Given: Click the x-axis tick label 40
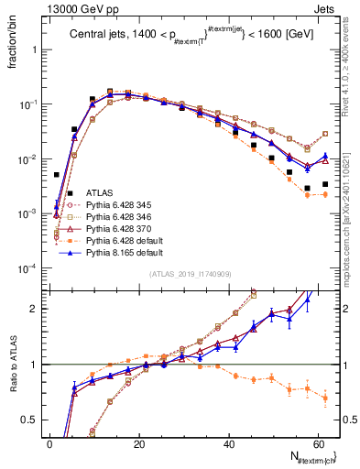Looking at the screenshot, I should [x=227, y=444].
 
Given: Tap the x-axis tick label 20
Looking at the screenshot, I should [x=138, y=444].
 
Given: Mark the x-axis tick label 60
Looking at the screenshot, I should [x=316, y=444].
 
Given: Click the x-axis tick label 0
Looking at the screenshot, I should [x=49, y=444].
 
